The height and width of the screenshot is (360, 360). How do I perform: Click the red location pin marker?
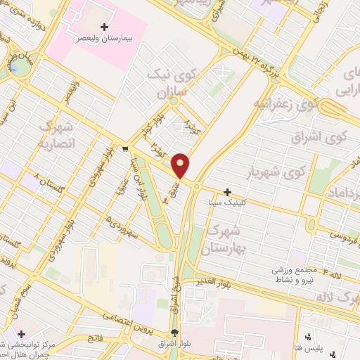(181, 165)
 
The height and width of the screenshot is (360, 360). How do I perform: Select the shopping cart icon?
(124, 148)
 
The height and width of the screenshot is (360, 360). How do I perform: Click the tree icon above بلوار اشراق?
(174, 333)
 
